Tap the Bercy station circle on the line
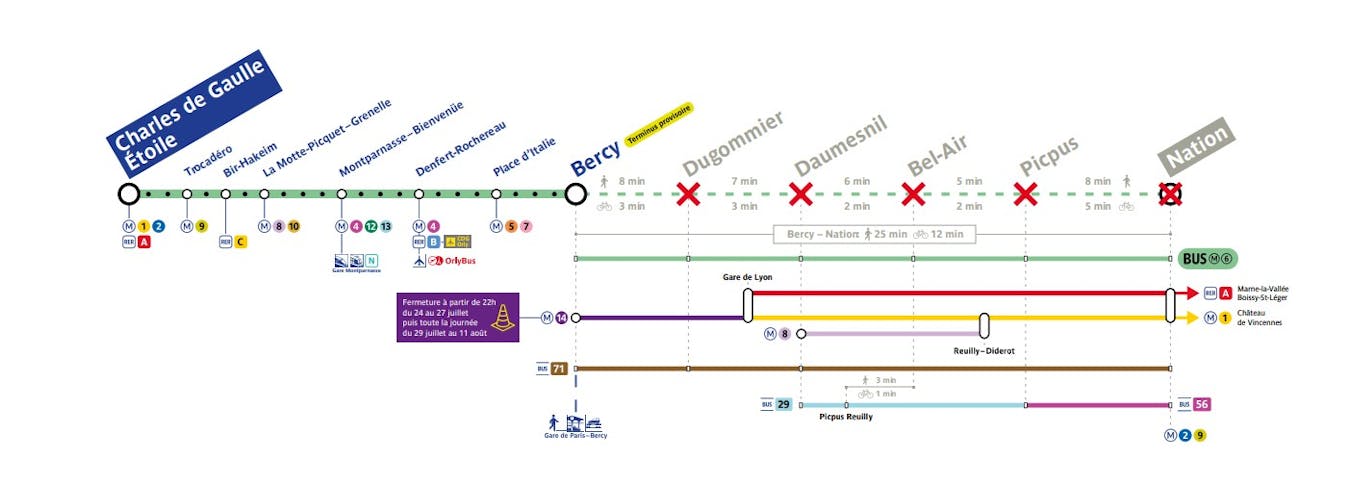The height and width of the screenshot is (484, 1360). coord(575,193)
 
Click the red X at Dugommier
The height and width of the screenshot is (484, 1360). coord(688,193)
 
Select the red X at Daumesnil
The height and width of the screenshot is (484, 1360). coord(800,193)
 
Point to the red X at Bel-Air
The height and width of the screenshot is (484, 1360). coord(913,193)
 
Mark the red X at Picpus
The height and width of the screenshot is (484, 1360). coord(1025,193)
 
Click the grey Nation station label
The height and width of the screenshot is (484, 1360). coord(1197,146)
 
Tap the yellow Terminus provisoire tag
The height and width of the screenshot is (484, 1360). coord(658,125)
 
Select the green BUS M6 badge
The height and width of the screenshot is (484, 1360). coord(1208,258)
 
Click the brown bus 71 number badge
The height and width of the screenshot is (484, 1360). coord(559,368)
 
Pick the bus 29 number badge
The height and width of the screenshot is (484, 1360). coord(783,405)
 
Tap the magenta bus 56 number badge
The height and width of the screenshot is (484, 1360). coord(1202,405)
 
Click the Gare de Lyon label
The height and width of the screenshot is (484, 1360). coord(748,277)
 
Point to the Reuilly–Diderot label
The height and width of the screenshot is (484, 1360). coord(984,351)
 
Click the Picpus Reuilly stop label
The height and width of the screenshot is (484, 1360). coord(846,417)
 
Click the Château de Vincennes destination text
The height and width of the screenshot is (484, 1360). coord(1259,318)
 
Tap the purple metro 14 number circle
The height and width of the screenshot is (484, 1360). coord(561,318)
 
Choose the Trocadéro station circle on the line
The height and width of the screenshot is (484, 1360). coord(187,194)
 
